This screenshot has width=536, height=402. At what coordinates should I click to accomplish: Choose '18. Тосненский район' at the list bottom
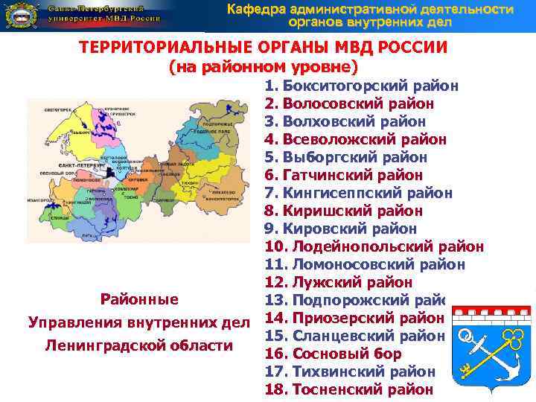pyautogui.click(x=348, y=389)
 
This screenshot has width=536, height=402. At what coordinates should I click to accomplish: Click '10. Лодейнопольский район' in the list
pyautogui.click(x=374, y=246)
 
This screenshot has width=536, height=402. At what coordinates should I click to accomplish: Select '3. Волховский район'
pyautogui.click(x=345, y=121)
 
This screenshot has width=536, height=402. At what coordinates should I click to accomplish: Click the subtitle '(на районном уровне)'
pyautogui.click(x=264, y=67)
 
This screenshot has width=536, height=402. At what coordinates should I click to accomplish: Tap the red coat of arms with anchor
pyautogui.click(x=493, y=342)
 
